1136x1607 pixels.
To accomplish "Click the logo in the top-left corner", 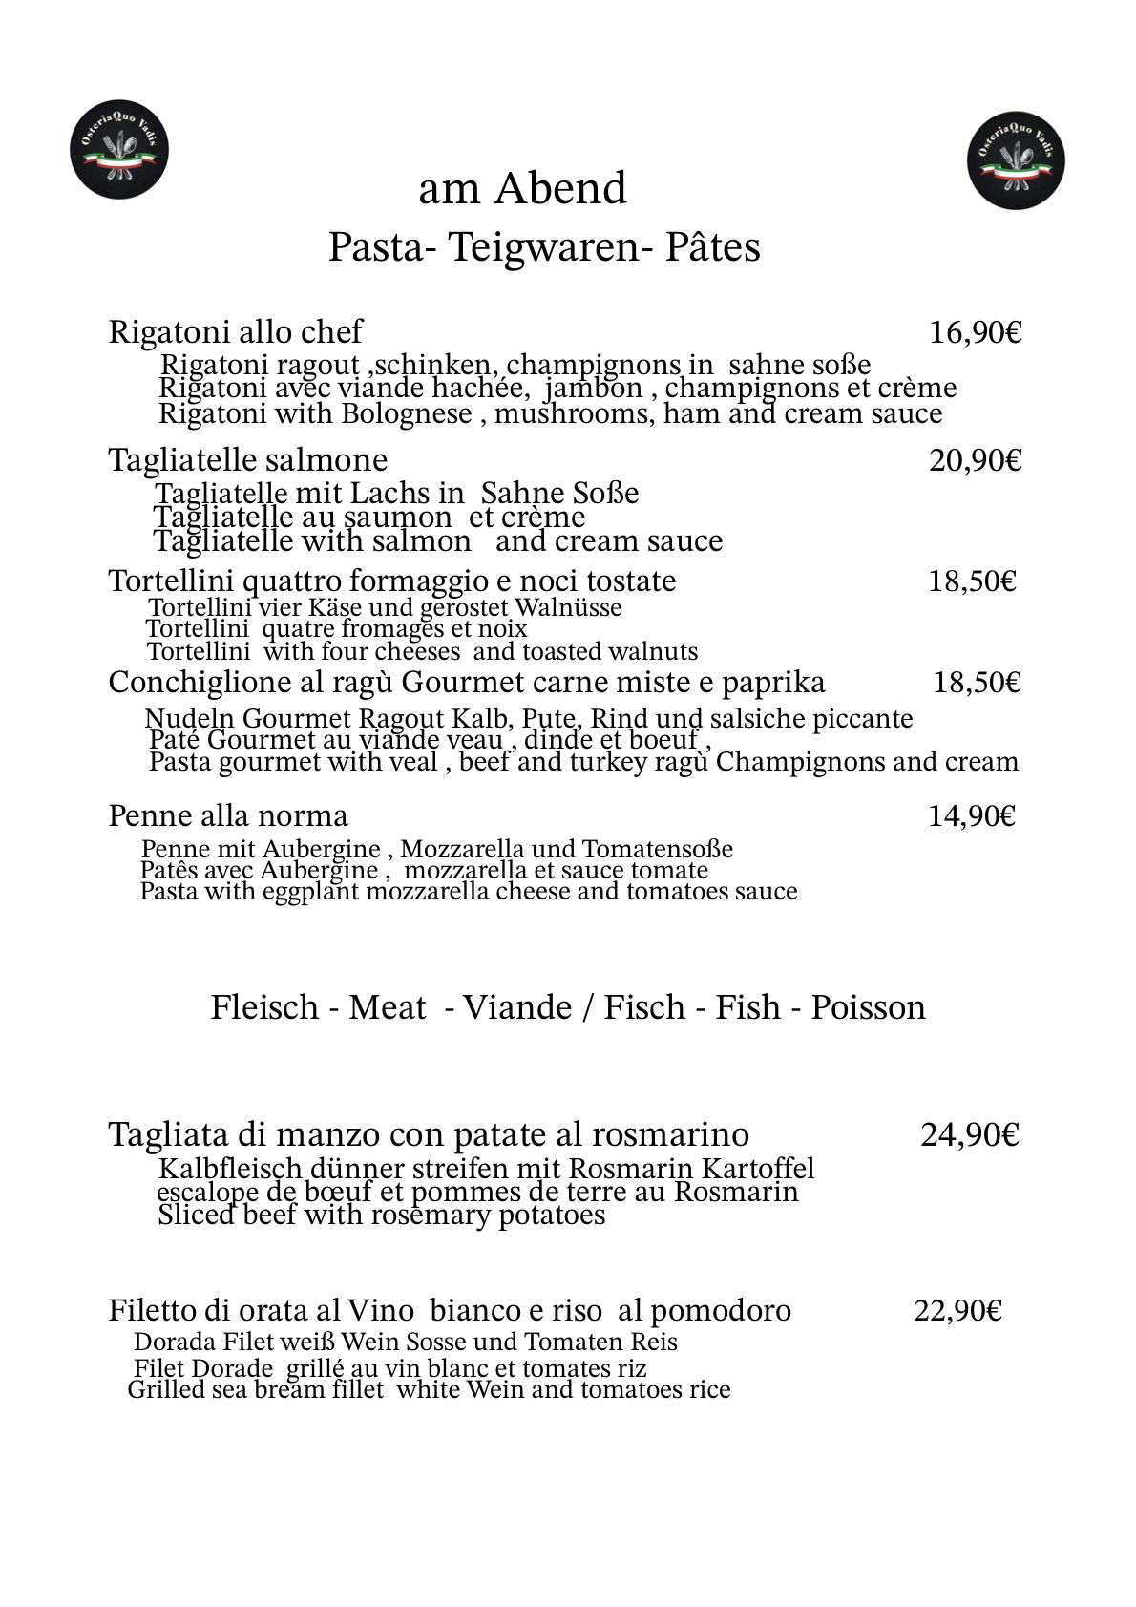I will tap(119, 151).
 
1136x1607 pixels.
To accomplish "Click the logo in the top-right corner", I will tap(1016, 159).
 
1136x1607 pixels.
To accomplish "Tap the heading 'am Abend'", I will tap(522, 189).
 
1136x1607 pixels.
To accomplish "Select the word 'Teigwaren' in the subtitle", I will tap(543, 247).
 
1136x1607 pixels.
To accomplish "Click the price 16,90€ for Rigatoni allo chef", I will tap(976, 332).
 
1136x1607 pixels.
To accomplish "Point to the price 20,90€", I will tap(976, 460).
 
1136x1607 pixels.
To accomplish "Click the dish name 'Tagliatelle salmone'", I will tap(248, 460).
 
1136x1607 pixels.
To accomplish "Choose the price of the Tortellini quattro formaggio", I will tap(972, 581).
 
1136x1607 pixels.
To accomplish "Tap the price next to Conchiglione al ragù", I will tap(977, 683).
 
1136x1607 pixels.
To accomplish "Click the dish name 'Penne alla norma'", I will tap(228, 815).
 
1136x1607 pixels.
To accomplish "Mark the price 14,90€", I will tap(972, 815).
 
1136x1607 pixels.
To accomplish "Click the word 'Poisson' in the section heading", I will tap(868, 1007).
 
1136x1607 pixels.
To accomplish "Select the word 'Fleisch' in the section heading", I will tap(264, 1007).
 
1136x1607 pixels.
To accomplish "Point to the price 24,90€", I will tap(970, 1134).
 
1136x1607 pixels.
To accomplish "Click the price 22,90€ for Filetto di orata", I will tap(957, 1311).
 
